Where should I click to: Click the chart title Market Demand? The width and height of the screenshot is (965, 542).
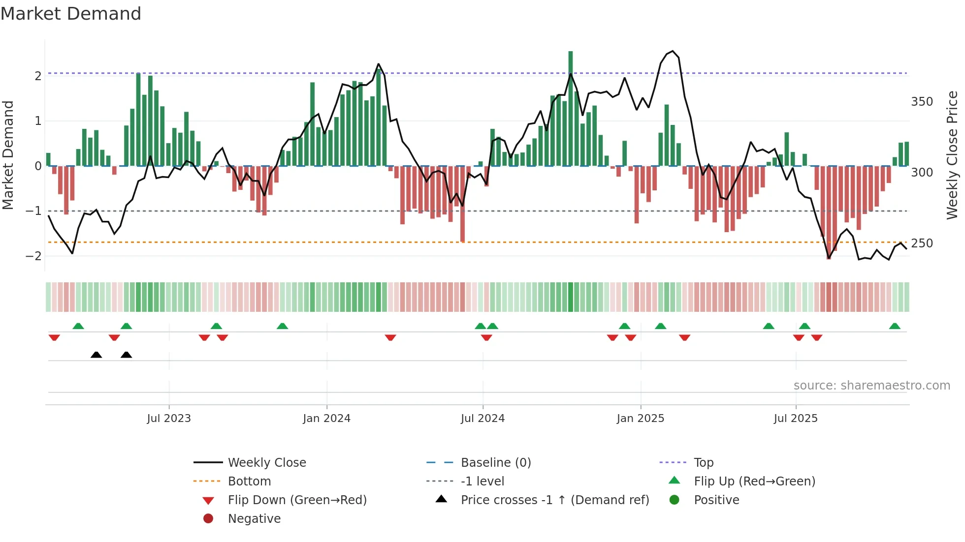(71, 14)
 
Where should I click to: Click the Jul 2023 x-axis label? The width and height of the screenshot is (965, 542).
(169, 419)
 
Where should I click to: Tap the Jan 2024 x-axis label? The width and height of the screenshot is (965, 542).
(326, 419)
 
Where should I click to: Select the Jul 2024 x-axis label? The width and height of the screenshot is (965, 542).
(482, 419)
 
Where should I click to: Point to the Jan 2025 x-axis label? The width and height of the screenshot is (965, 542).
(640, 419)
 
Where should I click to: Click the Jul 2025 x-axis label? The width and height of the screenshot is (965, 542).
(796, 419)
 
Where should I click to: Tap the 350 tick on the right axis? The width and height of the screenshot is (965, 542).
(922, 102)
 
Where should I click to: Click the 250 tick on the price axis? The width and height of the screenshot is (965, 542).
(922, 243)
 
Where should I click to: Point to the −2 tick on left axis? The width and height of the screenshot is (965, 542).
(33, 256)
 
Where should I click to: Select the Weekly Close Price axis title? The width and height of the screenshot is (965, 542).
(952, 155)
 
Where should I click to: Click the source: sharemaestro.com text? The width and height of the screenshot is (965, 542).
(871, 386)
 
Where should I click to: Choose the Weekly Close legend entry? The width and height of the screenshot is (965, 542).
(267, 463)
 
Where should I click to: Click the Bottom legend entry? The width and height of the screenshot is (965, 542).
(249, 482)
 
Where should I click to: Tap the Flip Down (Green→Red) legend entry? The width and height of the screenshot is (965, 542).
(297, 500)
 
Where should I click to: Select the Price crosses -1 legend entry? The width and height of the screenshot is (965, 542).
(555, 500)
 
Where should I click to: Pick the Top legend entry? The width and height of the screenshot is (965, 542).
(704, 463)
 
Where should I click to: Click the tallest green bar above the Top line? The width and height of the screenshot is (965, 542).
(571, 61)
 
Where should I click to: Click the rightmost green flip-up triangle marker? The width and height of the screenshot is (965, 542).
(895, 326)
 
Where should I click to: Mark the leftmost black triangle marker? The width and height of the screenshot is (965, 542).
(96, 355)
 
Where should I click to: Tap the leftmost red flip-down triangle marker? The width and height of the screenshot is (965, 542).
(54, 337)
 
